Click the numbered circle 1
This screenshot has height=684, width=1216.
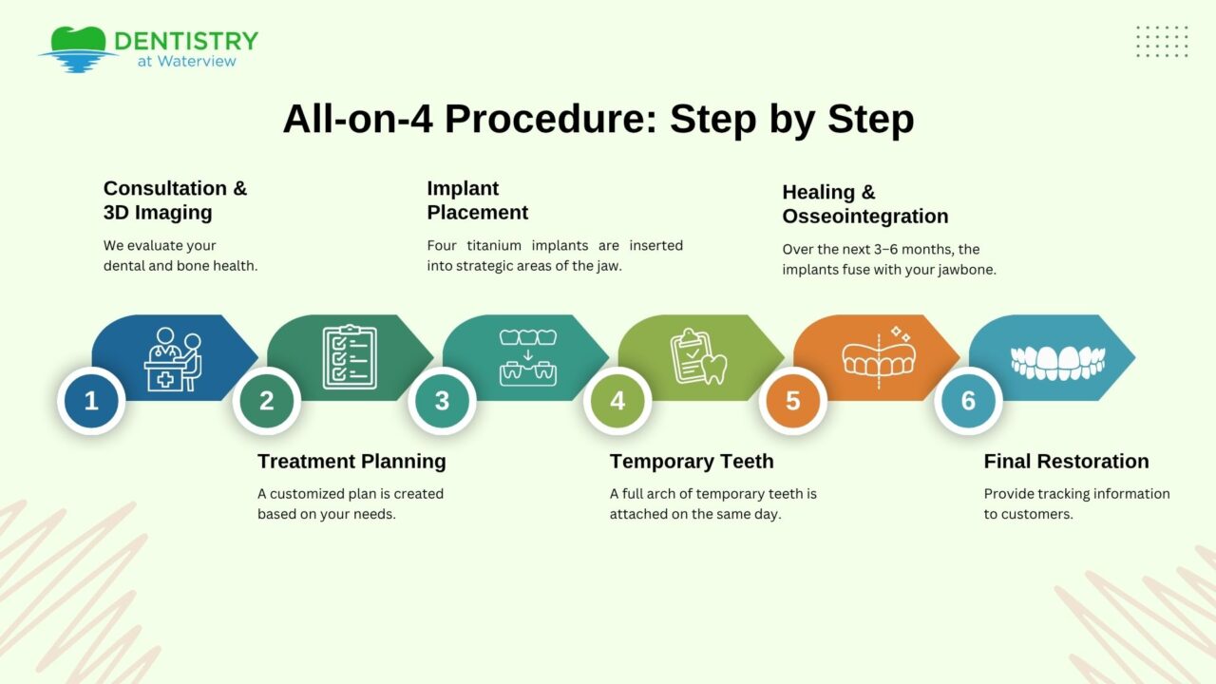(x=91, y=401)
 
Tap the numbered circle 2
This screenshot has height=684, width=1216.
(x=267, y=401)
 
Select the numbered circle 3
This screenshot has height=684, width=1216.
(x=442, y=401)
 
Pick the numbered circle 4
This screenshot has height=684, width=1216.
(x=617, y=401)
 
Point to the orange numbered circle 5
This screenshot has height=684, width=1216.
(x=793, y=401)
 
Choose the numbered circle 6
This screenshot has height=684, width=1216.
(x=968, y=401)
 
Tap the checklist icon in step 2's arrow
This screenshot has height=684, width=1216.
(x=350, y=357)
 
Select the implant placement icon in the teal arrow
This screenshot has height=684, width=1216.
(x=528, y=357)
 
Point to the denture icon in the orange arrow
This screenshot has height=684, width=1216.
(x=879, y=353)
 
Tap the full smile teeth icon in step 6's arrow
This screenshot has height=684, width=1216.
(x=1057, y=360)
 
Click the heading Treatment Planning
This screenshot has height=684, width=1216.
(x=351, y=462)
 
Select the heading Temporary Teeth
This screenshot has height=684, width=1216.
(x=692, y=462)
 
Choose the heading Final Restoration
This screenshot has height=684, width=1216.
(x=1066, y=462)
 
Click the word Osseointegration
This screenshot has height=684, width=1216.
(x=864, y=217)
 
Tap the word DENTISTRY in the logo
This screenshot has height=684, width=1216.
(x=186, y=41)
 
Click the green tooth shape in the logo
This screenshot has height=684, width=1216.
(x=78, y=40)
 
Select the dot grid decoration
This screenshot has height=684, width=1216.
(x=1162, y=42)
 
